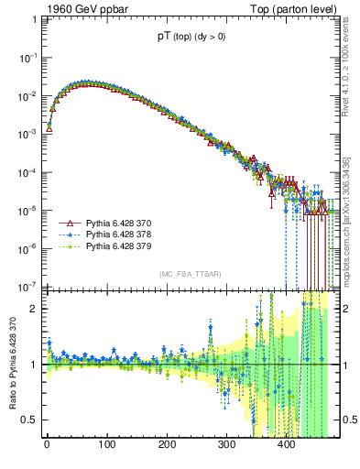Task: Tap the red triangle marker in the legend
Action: [66, 224]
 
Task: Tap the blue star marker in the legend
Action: [66, 235]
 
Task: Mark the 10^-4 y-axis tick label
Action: [27, 172]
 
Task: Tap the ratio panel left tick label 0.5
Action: [30, 420]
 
